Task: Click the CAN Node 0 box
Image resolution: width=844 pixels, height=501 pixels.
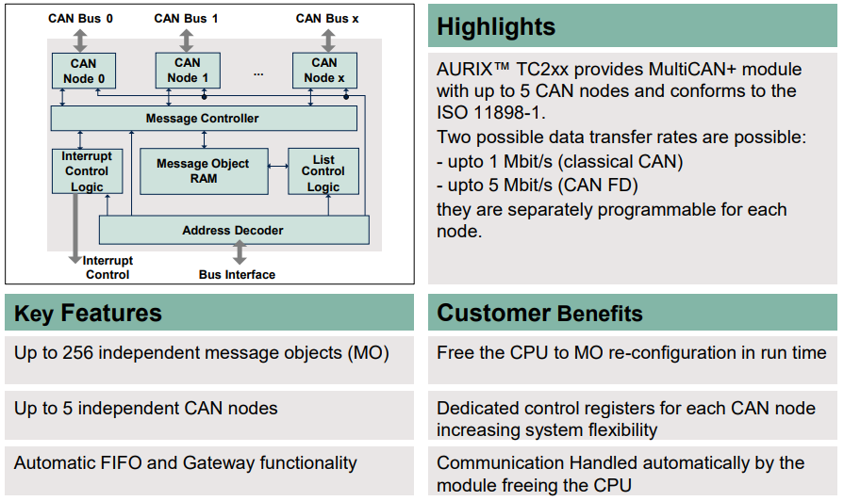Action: (83, 71)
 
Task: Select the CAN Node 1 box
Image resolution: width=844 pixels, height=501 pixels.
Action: (188, 70)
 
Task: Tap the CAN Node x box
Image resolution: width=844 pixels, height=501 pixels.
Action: (324, 70)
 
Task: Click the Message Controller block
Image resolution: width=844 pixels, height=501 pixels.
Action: (204, 119)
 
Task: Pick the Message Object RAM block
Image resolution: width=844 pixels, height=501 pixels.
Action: (204, 171)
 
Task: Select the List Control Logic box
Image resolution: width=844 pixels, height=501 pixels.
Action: (323, 171)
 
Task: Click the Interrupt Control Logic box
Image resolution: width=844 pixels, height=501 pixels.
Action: (87, 171)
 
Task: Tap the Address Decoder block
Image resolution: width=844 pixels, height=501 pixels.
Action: (234, 230)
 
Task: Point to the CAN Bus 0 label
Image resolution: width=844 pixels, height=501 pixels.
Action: (80, 18)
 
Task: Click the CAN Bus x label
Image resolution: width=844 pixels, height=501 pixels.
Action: (327, 18)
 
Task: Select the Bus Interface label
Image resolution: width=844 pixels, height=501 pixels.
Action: (237, 275)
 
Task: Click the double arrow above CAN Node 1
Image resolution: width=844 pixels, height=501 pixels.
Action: (187, 40)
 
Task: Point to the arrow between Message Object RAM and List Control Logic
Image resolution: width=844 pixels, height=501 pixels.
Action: (278, 166)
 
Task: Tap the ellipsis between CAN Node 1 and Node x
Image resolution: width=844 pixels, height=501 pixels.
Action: (258, 73)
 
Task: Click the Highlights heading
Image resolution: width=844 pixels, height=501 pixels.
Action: (496, 27)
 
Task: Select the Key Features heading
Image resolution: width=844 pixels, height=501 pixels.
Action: (88, 313)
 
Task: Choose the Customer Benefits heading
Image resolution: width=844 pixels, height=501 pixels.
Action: (540, 313)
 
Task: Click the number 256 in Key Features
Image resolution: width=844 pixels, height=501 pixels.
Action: (78, 353)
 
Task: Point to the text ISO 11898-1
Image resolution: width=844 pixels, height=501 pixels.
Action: (489, 113)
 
